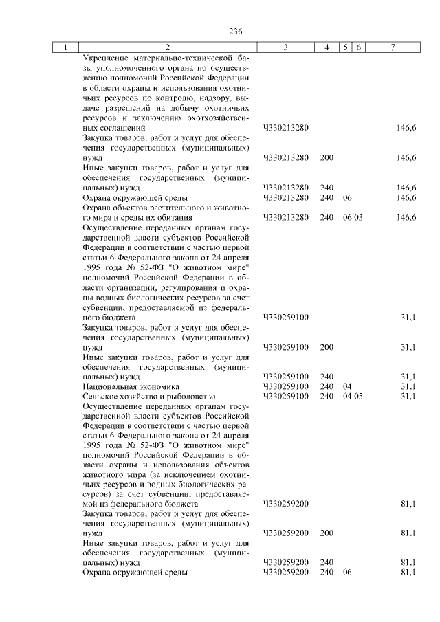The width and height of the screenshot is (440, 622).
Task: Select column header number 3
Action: tap(285, 47)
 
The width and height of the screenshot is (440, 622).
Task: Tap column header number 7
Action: tap(392, 47)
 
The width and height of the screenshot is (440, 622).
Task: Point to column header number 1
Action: tap(65, 47)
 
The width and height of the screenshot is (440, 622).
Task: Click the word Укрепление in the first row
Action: tap(106, 58)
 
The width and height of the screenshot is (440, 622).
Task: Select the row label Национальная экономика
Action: tap(122, 387)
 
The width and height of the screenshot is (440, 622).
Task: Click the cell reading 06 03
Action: tap(352, 218)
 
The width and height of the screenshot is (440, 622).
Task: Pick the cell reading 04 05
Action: tap(352, 397)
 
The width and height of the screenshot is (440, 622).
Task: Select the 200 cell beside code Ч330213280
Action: tap(327, 158)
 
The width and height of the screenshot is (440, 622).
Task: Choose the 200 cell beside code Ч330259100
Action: tap(327, 347)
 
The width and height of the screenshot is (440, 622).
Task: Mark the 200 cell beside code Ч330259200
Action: tap(327, 533)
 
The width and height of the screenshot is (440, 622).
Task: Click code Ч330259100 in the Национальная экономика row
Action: tap(286, 387)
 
